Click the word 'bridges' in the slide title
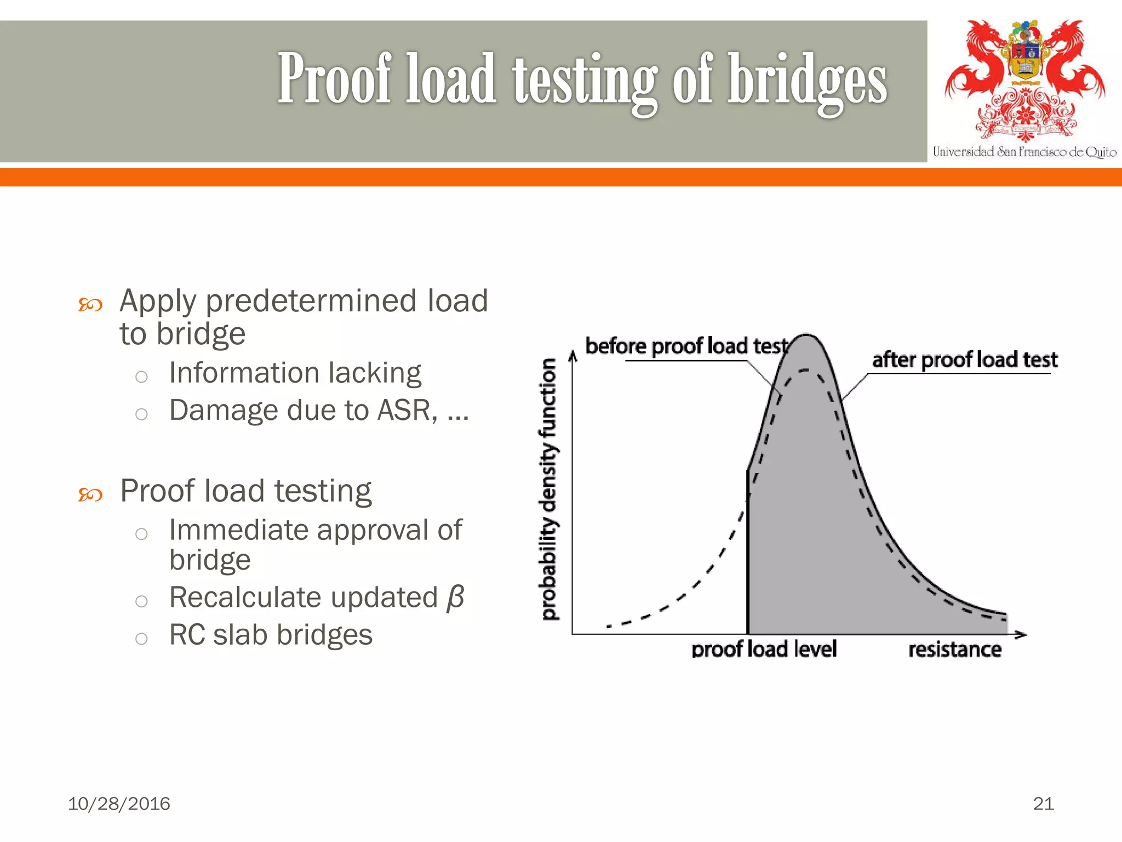pos(806,81)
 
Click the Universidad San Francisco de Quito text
pos(1024,152)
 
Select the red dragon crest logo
pos(1024,79)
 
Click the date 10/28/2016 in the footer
pos(119,804)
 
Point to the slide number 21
pos(1043,804)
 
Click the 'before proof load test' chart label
pos(686,346)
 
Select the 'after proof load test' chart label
pos(964,360)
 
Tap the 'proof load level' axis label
pos(764,649)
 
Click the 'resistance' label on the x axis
pos(954,650)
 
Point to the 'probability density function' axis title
pos(548,489)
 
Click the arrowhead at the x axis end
pos(1021,635)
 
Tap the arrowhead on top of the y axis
pos(573,356)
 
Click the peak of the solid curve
pos(806,335)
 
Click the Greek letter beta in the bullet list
pos(455,598)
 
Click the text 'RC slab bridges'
pos(271,635)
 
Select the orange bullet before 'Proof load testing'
pos(90,494)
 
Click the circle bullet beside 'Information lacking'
pos(141,377)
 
